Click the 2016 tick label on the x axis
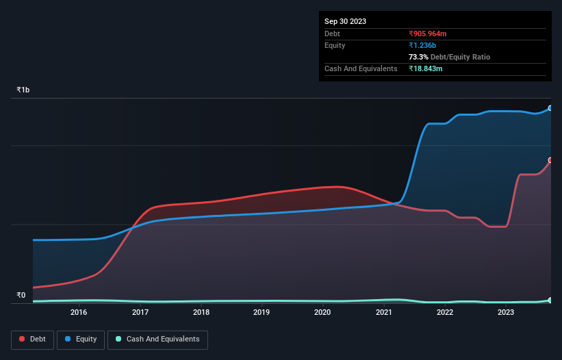point(79,313)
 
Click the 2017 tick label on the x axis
point(140,313)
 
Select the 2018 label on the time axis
point(201,313)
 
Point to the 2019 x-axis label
point(261,313)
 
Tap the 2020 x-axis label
point(322,313)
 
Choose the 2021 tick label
point(384,313)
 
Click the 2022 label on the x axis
point(445,313)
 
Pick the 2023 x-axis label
point(506,313)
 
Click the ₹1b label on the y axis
point(23,90)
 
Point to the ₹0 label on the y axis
point(21,296)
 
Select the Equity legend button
point(81,339)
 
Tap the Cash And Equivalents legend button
point(157,339)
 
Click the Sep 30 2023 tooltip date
point(345,21)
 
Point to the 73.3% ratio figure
point(418,57)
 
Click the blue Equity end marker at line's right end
point(550,108)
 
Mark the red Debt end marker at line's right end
point(550,160)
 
